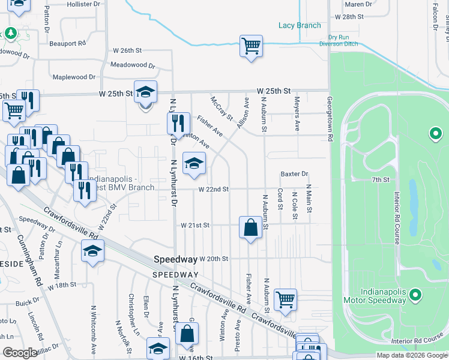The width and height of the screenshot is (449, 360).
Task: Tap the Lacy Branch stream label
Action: [x=299, y=25]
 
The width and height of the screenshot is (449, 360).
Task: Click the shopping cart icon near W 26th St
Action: [x=251, y=46]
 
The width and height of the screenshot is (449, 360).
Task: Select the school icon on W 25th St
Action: [x=145, y=93]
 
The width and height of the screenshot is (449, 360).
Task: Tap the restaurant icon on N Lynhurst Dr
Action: [x=178, y=124]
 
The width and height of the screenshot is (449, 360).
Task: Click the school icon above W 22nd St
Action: [x=194, y=164]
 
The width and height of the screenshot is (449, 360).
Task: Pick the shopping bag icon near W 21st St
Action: [x=250, y=227]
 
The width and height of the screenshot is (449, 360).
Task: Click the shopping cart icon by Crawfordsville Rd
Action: [x=285, y=299]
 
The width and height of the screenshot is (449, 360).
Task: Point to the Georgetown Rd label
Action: [x=330, y=119]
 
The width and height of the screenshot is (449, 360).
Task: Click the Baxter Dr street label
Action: [x=294, y=174]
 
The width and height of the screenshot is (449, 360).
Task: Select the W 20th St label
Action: [x=214, y=259]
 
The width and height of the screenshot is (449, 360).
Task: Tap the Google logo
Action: [x=20, y=353]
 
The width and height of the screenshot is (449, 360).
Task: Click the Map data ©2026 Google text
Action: [x=412, y=355]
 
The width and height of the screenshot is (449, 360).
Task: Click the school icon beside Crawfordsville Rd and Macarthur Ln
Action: [x=92, y=251]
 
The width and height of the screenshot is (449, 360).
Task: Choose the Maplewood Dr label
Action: [x=74, y=77]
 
